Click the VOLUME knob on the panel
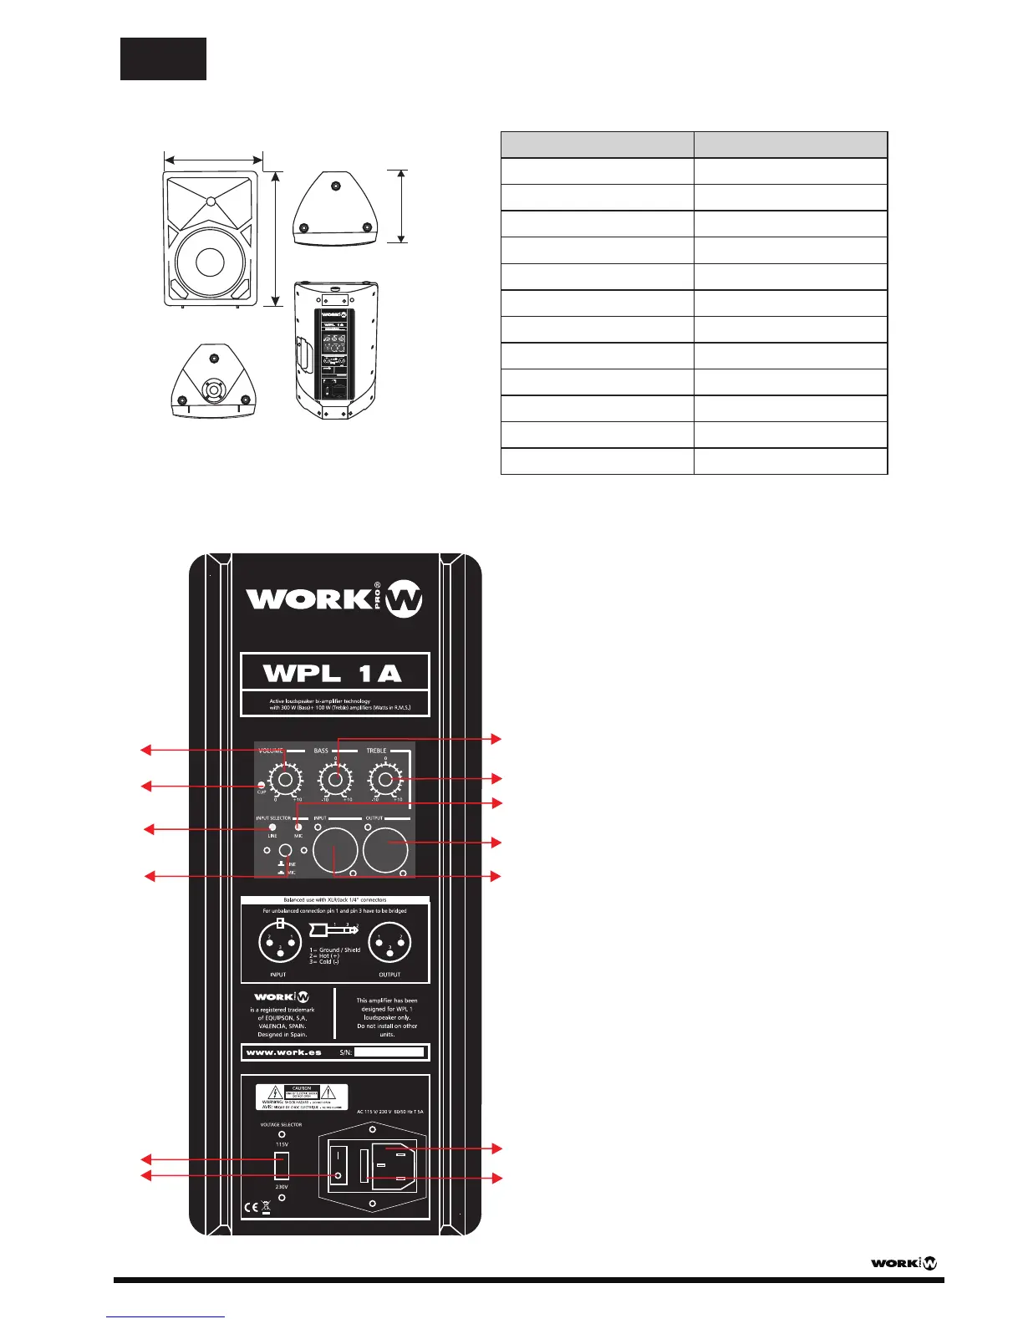[285, 780]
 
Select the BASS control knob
[335, 780]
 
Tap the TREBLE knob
[385, 780]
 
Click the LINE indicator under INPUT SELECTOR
[272, 827]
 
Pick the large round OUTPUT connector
[386, 849]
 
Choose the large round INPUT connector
[334, 849]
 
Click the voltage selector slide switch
[282, 1165]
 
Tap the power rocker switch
[338, 1164]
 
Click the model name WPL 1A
[333, 673]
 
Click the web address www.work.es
[284, 1052]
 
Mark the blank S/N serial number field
[389, 1052]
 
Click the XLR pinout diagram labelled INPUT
[279, 944]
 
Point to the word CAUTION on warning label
[302, 1088]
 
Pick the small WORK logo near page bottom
[904, 1262]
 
